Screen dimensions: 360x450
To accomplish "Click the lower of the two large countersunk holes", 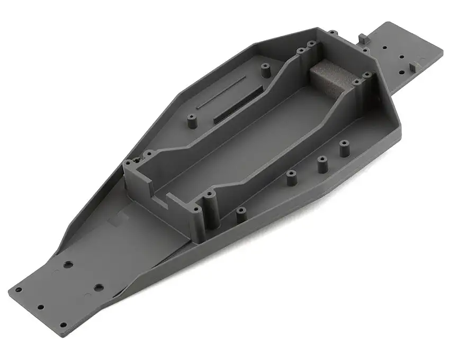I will click(98, 289).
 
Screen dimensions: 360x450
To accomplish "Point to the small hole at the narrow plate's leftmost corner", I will click(17, 290).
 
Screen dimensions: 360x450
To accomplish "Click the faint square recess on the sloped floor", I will click(114, 221).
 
